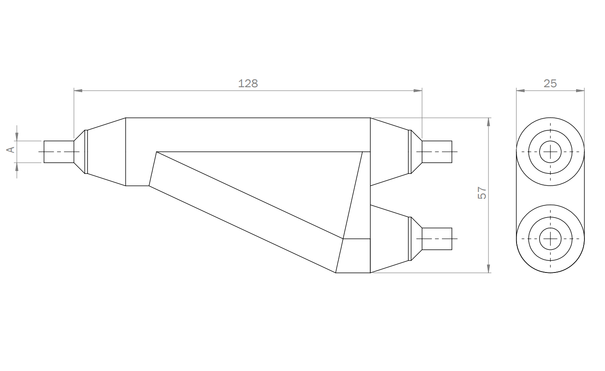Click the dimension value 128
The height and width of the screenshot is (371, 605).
click(248, 83)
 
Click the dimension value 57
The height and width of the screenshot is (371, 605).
click(482, 193)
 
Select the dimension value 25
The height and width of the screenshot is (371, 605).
click(550, 83)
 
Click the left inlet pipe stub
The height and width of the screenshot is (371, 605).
click(59, 152)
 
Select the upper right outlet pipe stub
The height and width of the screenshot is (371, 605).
click(436, 152)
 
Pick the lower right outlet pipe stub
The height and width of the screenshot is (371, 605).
click(436, 239)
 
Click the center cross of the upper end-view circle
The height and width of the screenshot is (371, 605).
click(550, 152)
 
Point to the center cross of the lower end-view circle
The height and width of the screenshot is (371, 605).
click(550, 239)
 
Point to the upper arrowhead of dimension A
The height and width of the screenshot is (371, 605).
click(17, 136)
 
